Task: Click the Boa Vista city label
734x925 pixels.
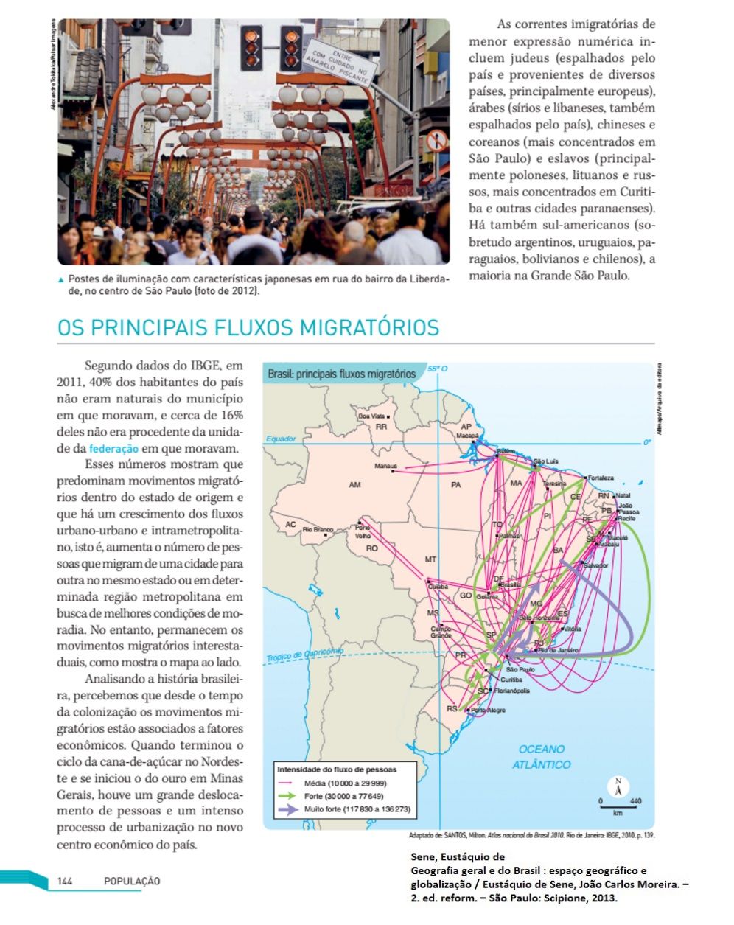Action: pyautogui.click(x=371, y=416)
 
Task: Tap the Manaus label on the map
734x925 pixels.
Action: pyautogui.click(x=385, y=466)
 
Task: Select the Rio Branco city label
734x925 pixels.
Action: pyautogui.click(x=318, y=529)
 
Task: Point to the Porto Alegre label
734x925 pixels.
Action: pyautogui.click(x=489, y=710)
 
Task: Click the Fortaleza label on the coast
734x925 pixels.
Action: pyautogui.click(x=601, y=478)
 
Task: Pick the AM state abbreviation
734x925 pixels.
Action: pyautogui.click(x=354, y=485)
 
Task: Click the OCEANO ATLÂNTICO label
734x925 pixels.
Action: pyautogui.click(x=541, y=757)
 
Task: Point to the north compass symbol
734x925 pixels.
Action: pyautogui.click(x=618, y=787)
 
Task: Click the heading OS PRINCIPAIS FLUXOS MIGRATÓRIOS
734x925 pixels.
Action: pyautogui.click(x=248, y=327)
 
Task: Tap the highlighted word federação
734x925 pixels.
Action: pyautogui.click(x=113, y=448)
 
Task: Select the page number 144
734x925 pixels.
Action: pyautogui.click(x=65, y=881)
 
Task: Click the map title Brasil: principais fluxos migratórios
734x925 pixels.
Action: pyautogui.click(x=341, y=374)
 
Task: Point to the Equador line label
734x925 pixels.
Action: pyautogui.click(x=281, y=439)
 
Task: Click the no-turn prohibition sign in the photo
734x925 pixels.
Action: pyautogui.click(x=436, y=139)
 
